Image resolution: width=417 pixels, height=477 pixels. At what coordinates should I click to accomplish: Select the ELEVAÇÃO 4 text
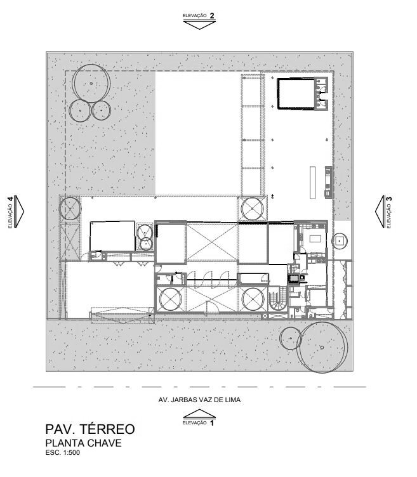pyautogui.click(x=10, y=211)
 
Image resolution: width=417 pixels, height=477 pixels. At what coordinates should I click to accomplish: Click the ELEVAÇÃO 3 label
pyautogui.click(x=388, y=211)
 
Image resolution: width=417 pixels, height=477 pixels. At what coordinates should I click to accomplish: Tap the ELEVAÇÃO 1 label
pyautogui.click(x=199, y=422)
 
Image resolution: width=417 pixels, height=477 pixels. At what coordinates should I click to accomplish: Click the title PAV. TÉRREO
pyautogui.click(x=89, y=430)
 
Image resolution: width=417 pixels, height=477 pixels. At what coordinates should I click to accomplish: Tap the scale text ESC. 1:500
pyautogui.click(x=63, y=453)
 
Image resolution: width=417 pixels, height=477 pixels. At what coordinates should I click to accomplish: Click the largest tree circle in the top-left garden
pyautogui.click(x=92, y=83)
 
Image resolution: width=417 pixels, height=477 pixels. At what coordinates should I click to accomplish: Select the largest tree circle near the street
pyautogui.click(x=324, y=347)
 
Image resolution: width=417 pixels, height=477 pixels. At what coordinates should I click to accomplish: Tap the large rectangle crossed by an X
pyautogui.click(x=211, y=242)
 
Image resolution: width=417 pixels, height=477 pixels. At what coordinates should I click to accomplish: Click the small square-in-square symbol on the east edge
pyautogui.click(x=340, y=240)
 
